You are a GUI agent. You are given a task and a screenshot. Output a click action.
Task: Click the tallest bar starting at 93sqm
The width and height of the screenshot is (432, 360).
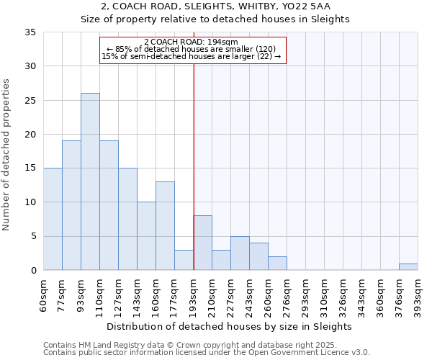90,181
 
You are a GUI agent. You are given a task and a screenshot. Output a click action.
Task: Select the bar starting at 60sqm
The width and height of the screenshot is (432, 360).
53,219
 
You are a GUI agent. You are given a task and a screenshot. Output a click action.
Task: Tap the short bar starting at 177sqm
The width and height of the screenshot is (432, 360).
184,260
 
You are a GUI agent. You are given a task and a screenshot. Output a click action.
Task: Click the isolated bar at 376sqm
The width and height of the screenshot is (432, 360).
408,266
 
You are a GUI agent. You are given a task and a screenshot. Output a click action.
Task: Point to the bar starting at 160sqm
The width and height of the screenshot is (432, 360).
165,226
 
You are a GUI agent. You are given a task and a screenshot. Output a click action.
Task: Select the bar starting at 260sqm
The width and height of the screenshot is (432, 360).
277,263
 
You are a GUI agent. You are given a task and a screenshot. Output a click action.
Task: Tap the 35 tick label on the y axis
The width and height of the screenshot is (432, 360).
30,32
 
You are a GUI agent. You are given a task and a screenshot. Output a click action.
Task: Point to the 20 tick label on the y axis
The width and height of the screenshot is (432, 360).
30,135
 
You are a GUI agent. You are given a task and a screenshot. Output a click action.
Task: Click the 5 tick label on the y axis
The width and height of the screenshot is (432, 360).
33,237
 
